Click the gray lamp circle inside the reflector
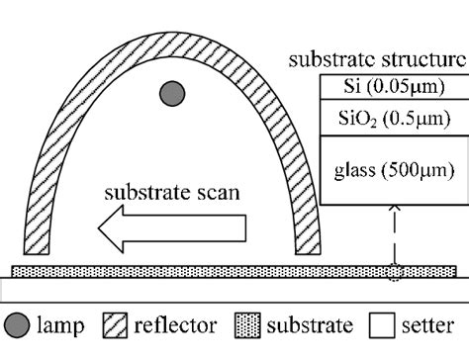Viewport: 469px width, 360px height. (x=172, y=94)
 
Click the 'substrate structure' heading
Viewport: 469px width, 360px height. (x=377, y=58)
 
